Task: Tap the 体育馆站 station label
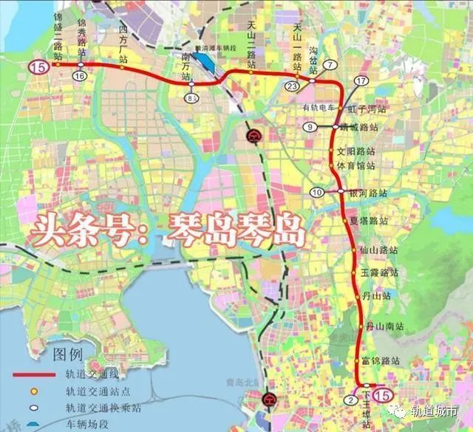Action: [357, 165]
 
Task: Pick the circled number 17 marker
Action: [361, 80]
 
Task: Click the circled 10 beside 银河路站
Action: [317, 193]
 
